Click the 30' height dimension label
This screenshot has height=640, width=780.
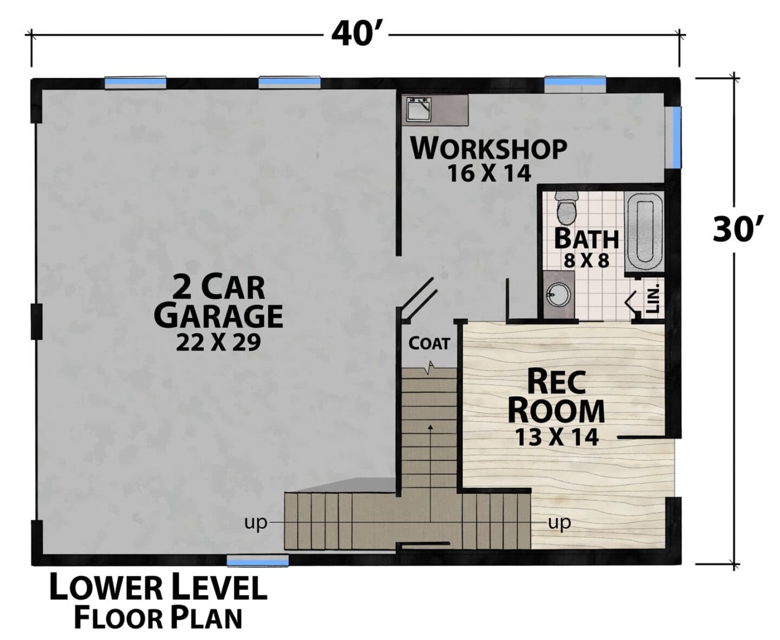737,229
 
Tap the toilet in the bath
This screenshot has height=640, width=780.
567,209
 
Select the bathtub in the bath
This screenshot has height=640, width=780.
644,232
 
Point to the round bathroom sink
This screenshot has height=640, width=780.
558,295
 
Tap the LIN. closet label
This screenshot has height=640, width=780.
653,299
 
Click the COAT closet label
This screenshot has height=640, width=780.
429,344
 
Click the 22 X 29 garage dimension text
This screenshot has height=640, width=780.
218,342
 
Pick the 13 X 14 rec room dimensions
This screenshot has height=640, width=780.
557,437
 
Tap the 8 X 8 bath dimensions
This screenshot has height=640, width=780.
586,261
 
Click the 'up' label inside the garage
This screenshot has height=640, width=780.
256,523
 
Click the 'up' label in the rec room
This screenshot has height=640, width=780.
559,523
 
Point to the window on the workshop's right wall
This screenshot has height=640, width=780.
677,137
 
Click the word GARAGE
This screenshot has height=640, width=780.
218,316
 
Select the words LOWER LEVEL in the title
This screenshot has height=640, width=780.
158,586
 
